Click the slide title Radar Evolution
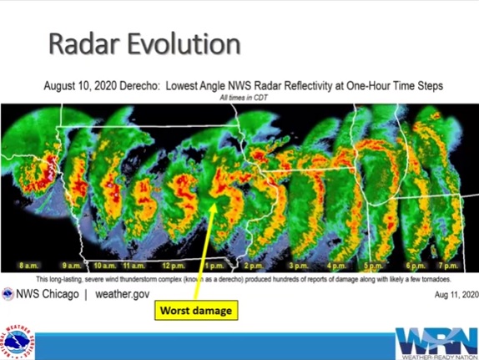144,43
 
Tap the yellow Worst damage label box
197,311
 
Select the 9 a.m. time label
71,265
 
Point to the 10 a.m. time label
104,265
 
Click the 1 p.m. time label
214,265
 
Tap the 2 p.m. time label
253,265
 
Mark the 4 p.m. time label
336,265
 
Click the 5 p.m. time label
371,265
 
